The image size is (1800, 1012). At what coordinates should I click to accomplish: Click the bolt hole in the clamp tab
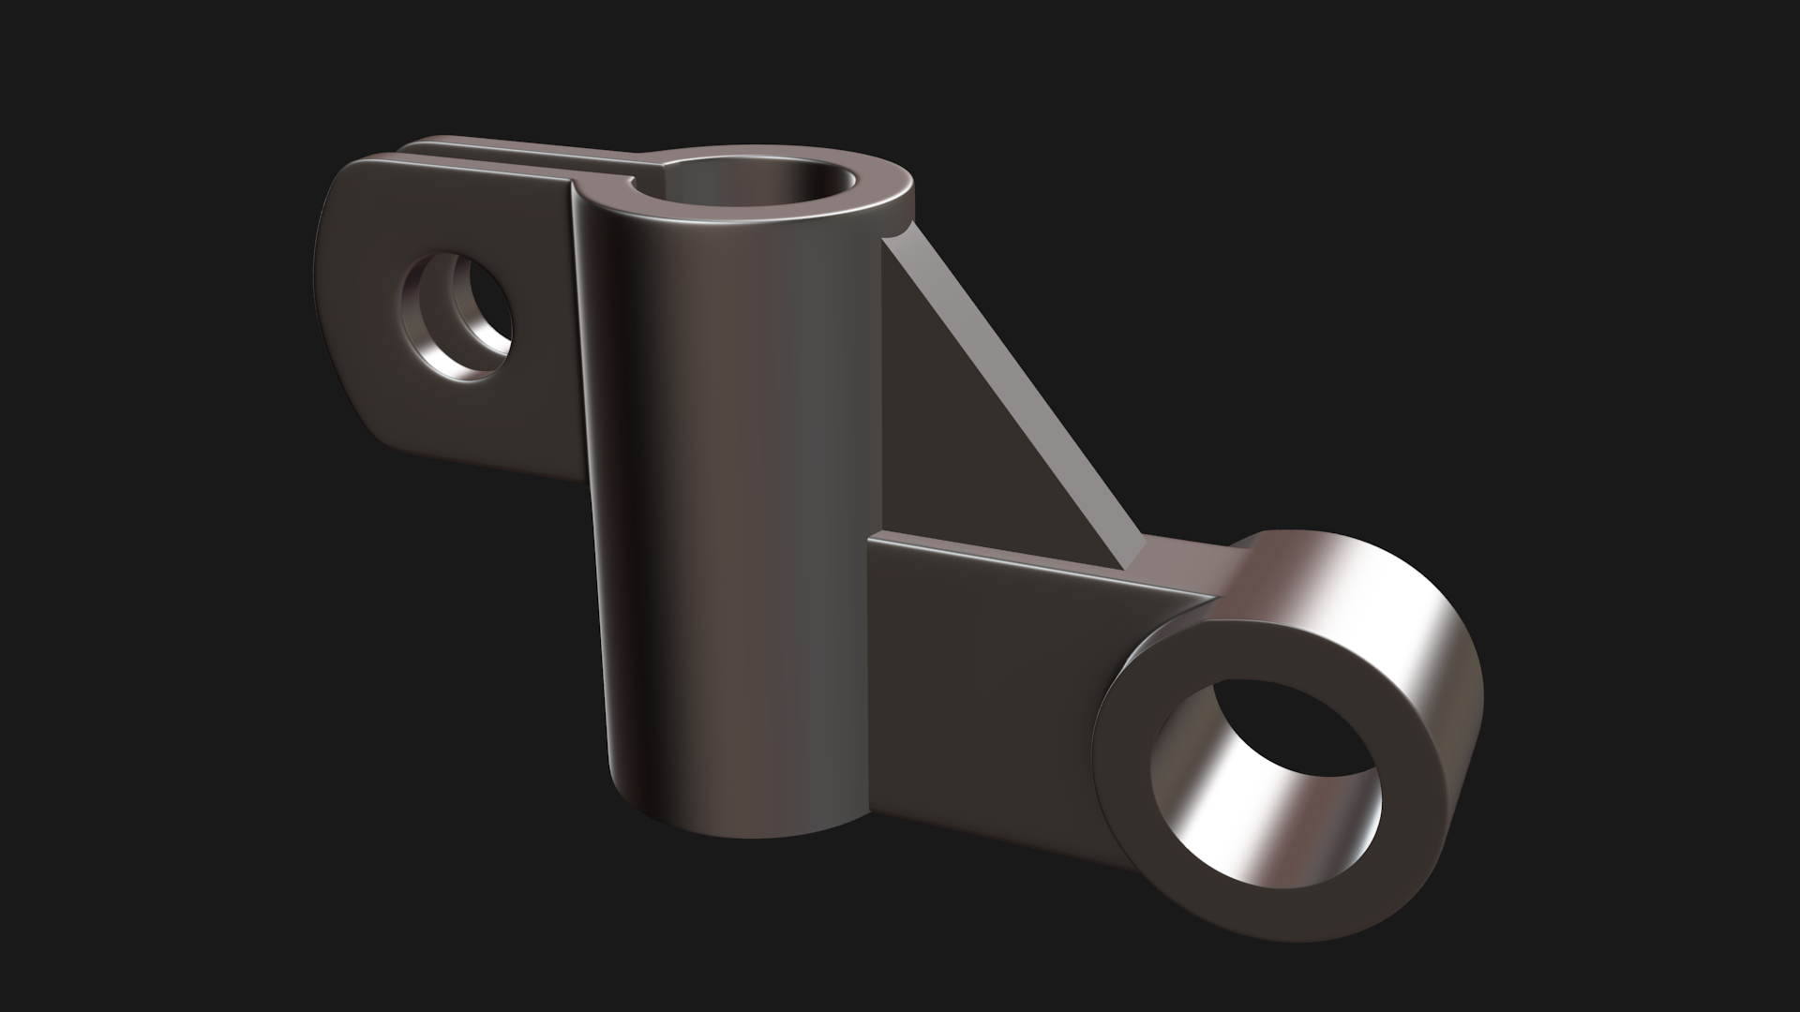459,316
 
